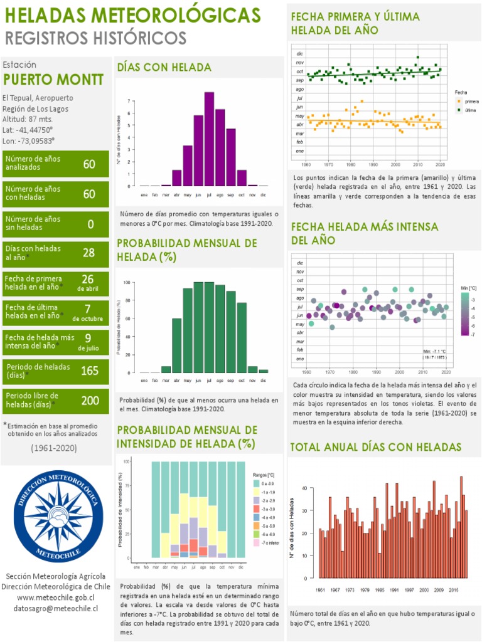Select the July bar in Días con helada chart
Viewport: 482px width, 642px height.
[x=209, y=139]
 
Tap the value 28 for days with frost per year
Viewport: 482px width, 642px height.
[x=88, y=253]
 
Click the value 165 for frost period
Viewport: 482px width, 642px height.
[x=90, y=370]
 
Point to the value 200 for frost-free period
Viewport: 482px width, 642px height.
[x=90, y=400]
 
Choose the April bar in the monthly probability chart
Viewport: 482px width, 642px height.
[x=177, y=345]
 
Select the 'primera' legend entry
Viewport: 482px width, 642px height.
[x=471, y=101]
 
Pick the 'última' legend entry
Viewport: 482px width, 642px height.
[x=471, y=110]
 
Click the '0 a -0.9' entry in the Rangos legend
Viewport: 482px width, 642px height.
[x=267, y=483]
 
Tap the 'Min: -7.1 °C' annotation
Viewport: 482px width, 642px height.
[x=435, y=351]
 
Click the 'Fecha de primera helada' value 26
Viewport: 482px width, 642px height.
[x=88, y=279]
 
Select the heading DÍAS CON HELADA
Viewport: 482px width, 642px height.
[x=164, y=67]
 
